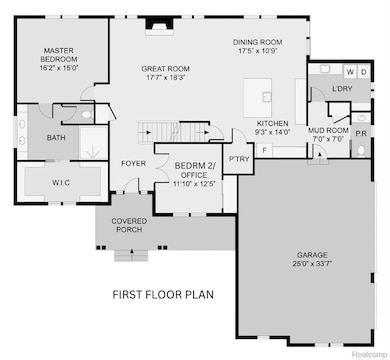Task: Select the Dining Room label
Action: point(258,42)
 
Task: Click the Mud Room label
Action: point(328,131)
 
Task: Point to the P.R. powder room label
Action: point(362,132)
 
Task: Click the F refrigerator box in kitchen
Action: point(264,149)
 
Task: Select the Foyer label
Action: point(133,162)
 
